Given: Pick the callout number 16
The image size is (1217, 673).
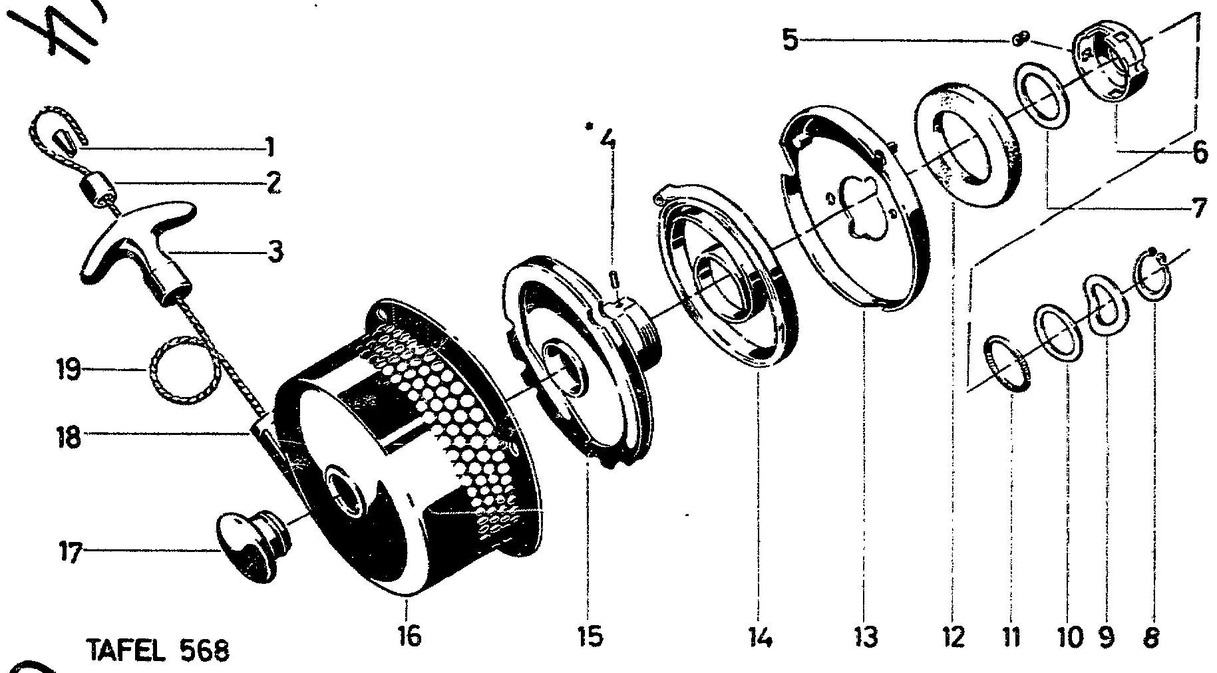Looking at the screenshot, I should tap(410, 636).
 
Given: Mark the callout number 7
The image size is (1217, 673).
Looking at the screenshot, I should tap(1198, 208).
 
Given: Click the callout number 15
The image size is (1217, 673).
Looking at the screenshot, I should tap(590, 636).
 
